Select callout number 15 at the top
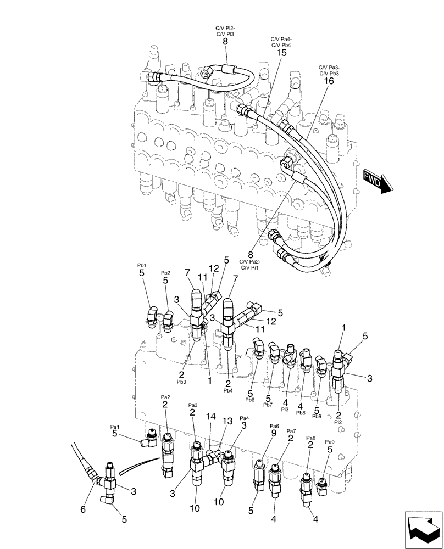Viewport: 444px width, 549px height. [x=281, y=53]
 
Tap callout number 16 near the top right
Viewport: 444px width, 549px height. [x=329, y=81]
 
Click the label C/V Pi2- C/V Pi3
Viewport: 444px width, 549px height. [x=225, y=31]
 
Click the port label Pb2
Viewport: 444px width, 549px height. [x=165, y=273]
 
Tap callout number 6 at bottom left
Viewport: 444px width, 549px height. [x=84, y=509]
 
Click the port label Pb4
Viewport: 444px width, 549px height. [x=228, y=391]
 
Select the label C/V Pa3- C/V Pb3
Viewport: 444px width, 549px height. [x=329, y=70]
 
